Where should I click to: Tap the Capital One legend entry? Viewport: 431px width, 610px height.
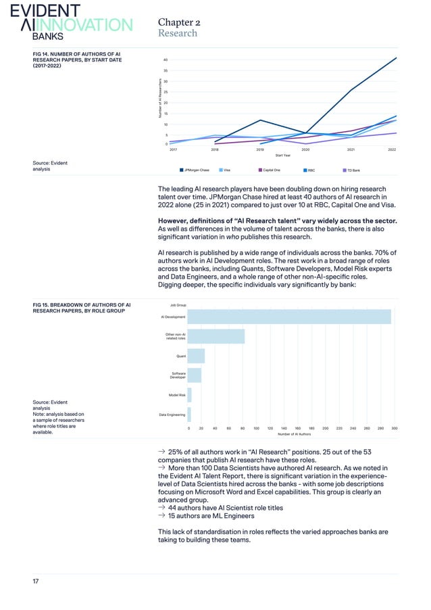[269, 170]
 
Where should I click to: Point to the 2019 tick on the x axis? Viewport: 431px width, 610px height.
[260, 149]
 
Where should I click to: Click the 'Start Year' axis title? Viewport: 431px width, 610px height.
[282, 155]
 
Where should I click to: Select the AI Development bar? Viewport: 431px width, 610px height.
[288, 316]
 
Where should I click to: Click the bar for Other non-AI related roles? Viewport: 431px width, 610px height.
[215, 336]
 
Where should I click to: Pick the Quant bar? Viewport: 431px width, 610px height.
[196, 356]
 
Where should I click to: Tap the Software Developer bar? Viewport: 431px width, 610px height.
[194, 375]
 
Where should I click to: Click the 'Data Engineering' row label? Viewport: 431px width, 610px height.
[172, 414]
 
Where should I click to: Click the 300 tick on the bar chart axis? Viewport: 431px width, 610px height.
[395, 428]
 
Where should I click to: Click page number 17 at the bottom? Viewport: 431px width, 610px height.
[36, 580]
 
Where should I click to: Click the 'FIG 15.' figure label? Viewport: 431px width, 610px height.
[41, 306]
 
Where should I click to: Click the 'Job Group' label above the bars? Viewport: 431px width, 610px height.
[177, 306]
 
